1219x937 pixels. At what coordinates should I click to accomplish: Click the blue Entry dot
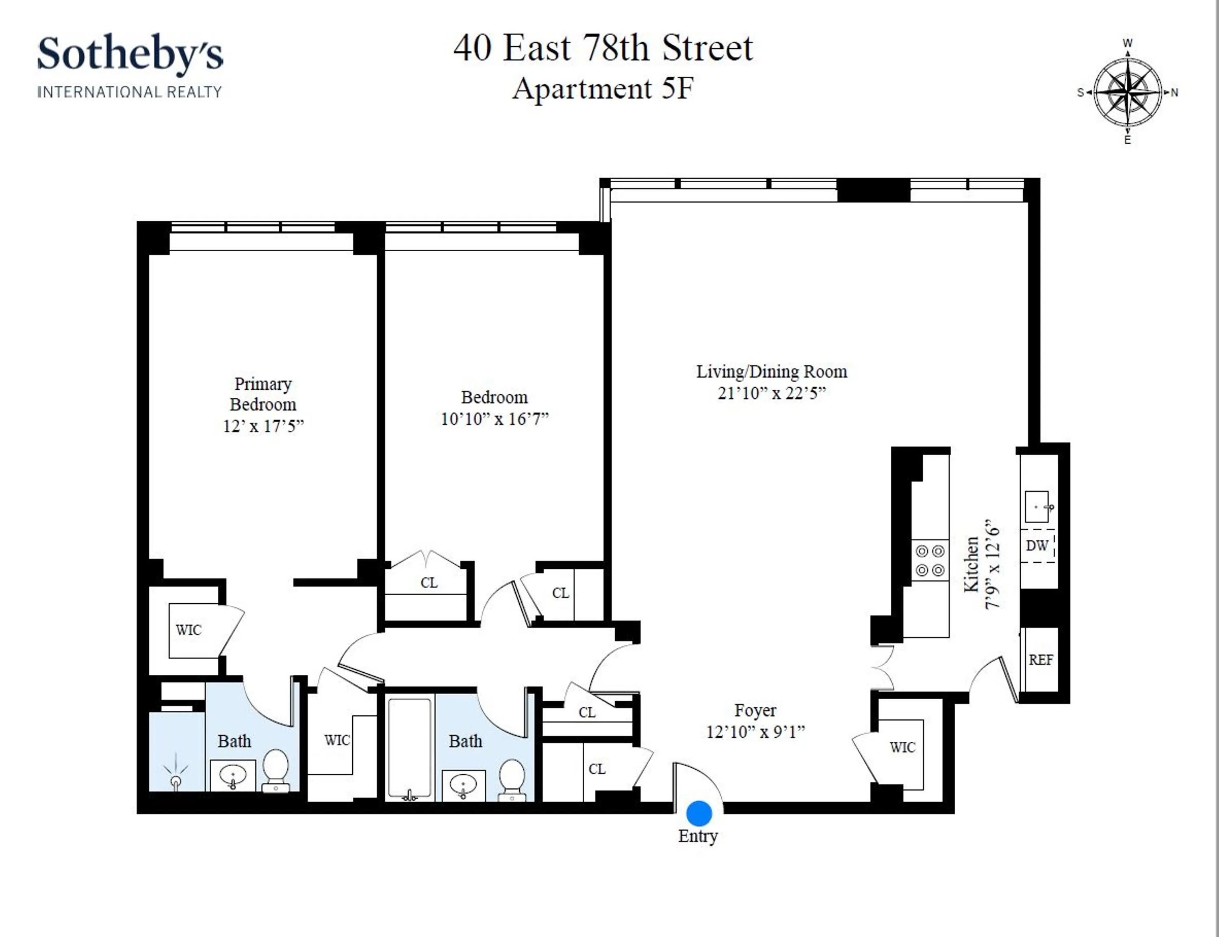tap(699, 813)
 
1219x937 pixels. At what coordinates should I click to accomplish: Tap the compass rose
tap(1128, 92)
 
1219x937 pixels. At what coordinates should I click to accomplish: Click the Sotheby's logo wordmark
tap(130, 54)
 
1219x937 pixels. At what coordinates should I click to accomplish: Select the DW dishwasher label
tap(1037, 546)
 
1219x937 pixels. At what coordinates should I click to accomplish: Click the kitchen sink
tap(1037, 506)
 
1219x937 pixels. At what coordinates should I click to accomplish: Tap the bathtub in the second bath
tap(410, 747)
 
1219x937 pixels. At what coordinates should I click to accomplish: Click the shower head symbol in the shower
tap(176, 775)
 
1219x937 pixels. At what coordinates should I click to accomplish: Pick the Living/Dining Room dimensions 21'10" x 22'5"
tap(771, 393)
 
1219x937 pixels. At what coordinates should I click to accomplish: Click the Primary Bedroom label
tap(263, 394)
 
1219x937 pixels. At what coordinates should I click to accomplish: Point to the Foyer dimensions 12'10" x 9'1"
tap(755, 732)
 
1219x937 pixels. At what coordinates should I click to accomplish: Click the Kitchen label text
tap(971, 564)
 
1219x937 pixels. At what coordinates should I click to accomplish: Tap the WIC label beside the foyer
tap(902, 747)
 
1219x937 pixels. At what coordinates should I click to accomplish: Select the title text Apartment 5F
tap(603, 88)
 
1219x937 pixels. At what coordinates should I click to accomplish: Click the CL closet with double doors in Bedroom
tap(429, 583)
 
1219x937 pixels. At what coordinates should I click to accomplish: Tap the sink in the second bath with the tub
tap(463, 785)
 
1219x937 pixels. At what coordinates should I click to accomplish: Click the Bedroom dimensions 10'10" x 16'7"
tap(495, 419)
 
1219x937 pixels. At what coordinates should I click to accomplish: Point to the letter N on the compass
tap(1174, 93)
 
